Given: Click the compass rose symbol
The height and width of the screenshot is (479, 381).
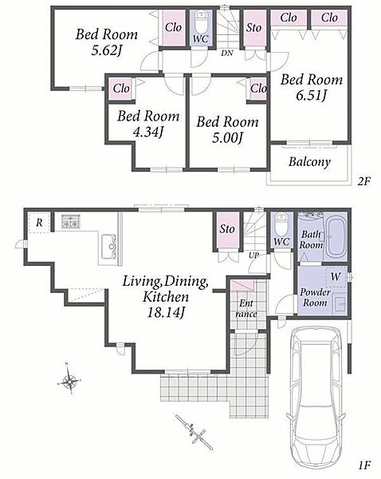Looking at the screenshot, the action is click(x=69, y=379).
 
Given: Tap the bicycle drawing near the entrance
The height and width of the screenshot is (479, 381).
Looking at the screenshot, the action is click(x=194, y=432).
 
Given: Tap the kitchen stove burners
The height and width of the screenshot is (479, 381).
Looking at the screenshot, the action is click(x=71, y=222).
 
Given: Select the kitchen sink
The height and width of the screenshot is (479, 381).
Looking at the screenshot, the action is click(x=108, y=246).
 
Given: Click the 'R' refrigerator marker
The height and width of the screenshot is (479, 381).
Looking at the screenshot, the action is click(x=39, y=223).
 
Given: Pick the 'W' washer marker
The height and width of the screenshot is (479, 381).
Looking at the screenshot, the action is click(x=336, y=276).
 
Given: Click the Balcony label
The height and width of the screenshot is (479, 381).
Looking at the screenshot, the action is click(x=309, y=162).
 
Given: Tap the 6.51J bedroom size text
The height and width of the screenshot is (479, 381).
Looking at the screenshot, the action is click(x=311, y=96).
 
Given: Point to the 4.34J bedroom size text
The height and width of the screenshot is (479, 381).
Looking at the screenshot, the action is click(x=148, y=132).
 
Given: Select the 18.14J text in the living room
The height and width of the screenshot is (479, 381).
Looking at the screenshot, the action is click(x=167, y=312).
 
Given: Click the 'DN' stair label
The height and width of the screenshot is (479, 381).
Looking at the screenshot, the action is click(x=227, y=53).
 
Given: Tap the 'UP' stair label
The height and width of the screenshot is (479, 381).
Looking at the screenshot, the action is click(x=253, y=255).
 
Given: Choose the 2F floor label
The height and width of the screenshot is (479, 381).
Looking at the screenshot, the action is click(x=363, y=181).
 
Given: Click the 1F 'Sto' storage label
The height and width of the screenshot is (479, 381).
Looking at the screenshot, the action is click(x=227, y=228).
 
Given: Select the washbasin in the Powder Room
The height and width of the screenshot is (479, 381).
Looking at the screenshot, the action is click(x=339, y=303).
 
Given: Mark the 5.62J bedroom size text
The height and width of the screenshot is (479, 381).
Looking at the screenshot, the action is click(x=107, y=50).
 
